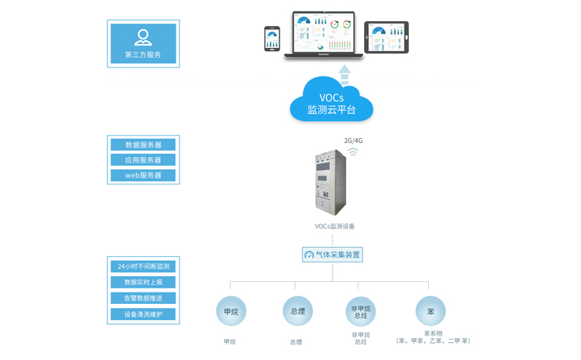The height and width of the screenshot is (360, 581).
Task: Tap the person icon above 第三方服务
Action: tap(143, 37)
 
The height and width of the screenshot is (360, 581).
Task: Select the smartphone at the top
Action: tap(272, 38)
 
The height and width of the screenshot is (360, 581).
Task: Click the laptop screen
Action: tap(323, 33)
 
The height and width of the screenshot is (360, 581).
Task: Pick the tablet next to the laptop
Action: tap(386, 37)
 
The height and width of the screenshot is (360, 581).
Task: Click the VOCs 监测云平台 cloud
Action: tap(331, 102)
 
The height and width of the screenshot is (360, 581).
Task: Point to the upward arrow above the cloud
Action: tap(345, 75)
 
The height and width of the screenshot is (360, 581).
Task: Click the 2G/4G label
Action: tap(353, 141)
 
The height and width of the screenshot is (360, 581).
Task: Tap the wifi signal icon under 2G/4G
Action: tap(353, 151)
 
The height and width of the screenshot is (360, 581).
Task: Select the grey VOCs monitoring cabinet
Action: tap(330, 183)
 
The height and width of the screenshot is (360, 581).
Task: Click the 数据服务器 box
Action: tap(143, 145)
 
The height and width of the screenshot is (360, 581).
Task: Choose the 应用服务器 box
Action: tap(143, 160)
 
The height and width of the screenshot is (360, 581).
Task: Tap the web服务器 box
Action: tap(143, 176)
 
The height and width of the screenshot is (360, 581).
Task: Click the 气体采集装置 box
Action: tap(332, 254)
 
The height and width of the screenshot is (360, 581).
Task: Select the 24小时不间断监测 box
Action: tap(143, 267)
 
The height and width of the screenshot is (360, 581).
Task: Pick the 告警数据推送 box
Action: tap(143, 298)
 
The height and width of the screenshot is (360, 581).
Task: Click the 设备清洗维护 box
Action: tap(143, 314)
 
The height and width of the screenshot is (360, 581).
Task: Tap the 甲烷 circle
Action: tap(231, 311)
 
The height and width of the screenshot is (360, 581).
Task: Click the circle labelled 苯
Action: tap(431, 311)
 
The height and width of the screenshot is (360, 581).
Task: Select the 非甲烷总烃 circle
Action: tap(361, 311)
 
